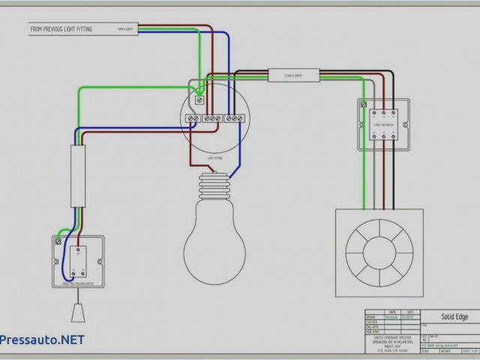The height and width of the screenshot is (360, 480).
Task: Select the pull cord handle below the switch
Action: click(x=77, y=311)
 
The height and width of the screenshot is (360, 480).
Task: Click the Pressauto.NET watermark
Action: click(x=42, y=338)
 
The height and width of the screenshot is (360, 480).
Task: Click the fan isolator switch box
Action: click(x=383, y=124)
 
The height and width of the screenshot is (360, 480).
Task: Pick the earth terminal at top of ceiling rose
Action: click(x=199, y=99)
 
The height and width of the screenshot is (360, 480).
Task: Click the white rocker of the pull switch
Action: click(x=79, y=262)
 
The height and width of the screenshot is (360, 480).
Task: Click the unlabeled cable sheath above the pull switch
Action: click(x=77, y=177)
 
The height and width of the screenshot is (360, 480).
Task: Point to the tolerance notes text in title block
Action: click(x=394, y=328)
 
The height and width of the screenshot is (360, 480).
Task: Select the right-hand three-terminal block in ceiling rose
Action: click(x=235, y=118)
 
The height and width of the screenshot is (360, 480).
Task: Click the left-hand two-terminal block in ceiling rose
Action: click(x=194, y=118)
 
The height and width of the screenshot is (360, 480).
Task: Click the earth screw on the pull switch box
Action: click(x=59, y=242)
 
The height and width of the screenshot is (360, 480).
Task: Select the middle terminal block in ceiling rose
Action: click(x=214, y=118)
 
